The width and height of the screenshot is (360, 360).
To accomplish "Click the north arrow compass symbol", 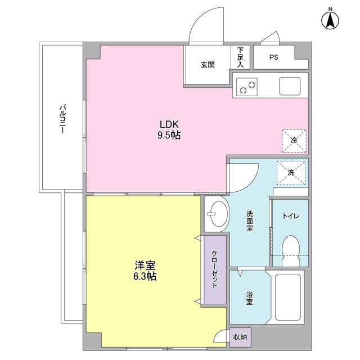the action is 330,20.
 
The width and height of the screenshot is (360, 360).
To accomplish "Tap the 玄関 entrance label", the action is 208,65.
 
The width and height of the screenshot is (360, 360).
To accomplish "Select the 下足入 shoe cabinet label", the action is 240,57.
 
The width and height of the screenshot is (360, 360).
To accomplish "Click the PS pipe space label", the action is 274,57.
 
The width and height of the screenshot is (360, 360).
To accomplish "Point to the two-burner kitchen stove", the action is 247,87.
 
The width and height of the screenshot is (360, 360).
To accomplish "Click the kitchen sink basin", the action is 290,86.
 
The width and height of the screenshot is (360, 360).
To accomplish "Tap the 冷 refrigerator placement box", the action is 294,141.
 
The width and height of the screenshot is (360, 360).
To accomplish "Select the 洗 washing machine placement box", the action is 291,173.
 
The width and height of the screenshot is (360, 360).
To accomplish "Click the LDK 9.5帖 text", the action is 169,130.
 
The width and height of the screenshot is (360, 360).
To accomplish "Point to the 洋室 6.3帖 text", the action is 145,271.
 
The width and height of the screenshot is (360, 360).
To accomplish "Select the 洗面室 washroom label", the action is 250,221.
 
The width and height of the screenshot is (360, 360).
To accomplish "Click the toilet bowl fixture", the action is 291,251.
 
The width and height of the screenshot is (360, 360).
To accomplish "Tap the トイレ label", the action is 291,216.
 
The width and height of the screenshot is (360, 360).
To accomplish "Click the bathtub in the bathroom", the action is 288,297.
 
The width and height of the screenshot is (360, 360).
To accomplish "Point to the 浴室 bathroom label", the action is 250,298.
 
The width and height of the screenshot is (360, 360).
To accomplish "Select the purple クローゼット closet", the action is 215,269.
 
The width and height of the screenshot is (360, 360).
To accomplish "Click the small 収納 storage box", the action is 240,337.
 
